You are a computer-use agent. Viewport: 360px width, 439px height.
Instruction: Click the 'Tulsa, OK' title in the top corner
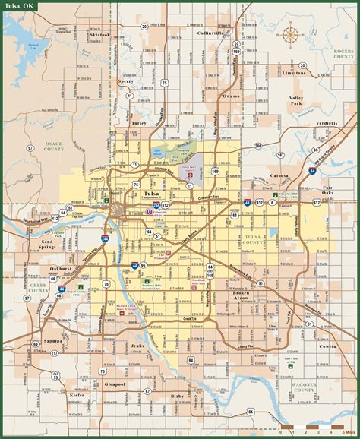click(x=20, y=7)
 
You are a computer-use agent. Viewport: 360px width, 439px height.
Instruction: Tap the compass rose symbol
click(x=290, y=33)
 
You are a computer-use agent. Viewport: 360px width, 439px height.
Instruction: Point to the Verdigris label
click(x=328, y=122)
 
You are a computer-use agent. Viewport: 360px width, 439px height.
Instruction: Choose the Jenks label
click(x=137, y=346)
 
